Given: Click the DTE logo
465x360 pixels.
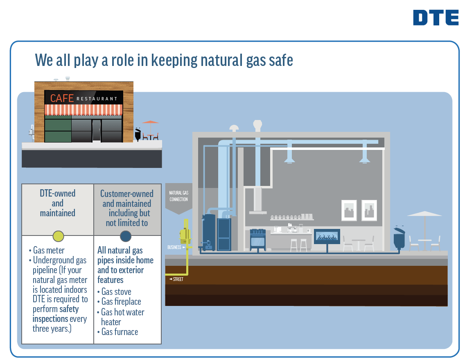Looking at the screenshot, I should click(436, 18).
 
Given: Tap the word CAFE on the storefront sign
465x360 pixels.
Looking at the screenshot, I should click(62, 98).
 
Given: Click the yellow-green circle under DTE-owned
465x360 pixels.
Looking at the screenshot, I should click(58, 236).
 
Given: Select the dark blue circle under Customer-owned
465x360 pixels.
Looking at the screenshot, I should click(126, 236).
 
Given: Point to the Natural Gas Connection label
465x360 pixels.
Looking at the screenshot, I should click(178, 196).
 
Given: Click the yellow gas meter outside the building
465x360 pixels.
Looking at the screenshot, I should click(186, 234).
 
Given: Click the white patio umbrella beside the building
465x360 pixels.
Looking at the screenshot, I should click(424, 214).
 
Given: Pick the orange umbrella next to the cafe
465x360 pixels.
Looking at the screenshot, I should click(150, 122).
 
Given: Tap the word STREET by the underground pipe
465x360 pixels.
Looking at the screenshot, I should click(178, 279).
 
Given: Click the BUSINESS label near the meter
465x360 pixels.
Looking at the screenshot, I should click(174, 247).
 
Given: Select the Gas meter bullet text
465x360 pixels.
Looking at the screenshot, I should click(49, 250).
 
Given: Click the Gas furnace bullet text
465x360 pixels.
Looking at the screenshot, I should click(120, 332).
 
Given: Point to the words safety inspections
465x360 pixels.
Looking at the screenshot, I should click(56, 314).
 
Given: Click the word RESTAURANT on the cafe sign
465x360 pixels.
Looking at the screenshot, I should click(97, 99).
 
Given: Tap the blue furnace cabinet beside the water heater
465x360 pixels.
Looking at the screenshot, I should click(224, 234).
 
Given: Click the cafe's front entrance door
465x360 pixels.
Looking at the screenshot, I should click(96, 130).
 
